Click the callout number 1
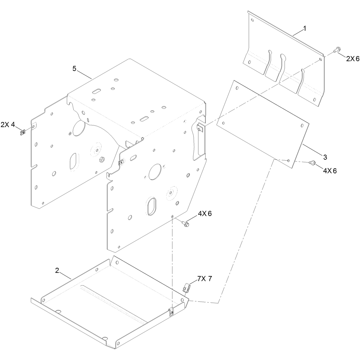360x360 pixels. tap(305, 29)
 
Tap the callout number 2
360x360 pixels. tap(57, 270)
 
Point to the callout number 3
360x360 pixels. tap(325, 157)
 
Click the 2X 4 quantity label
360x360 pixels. tap(8, 125)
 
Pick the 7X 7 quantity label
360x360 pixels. tap(205, 279)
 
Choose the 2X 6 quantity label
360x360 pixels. tap(353, 59)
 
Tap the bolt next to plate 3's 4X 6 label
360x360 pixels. tap(312, 163)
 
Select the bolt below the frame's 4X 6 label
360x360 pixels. tap(186, 223)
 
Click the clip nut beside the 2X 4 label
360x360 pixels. tap(22, 132)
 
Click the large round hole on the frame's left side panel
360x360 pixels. tap(79, 128)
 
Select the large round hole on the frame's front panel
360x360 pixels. tap(155, 172)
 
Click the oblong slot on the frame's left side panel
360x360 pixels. tap(74, 162)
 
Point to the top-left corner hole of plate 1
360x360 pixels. tap(252, 20)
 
